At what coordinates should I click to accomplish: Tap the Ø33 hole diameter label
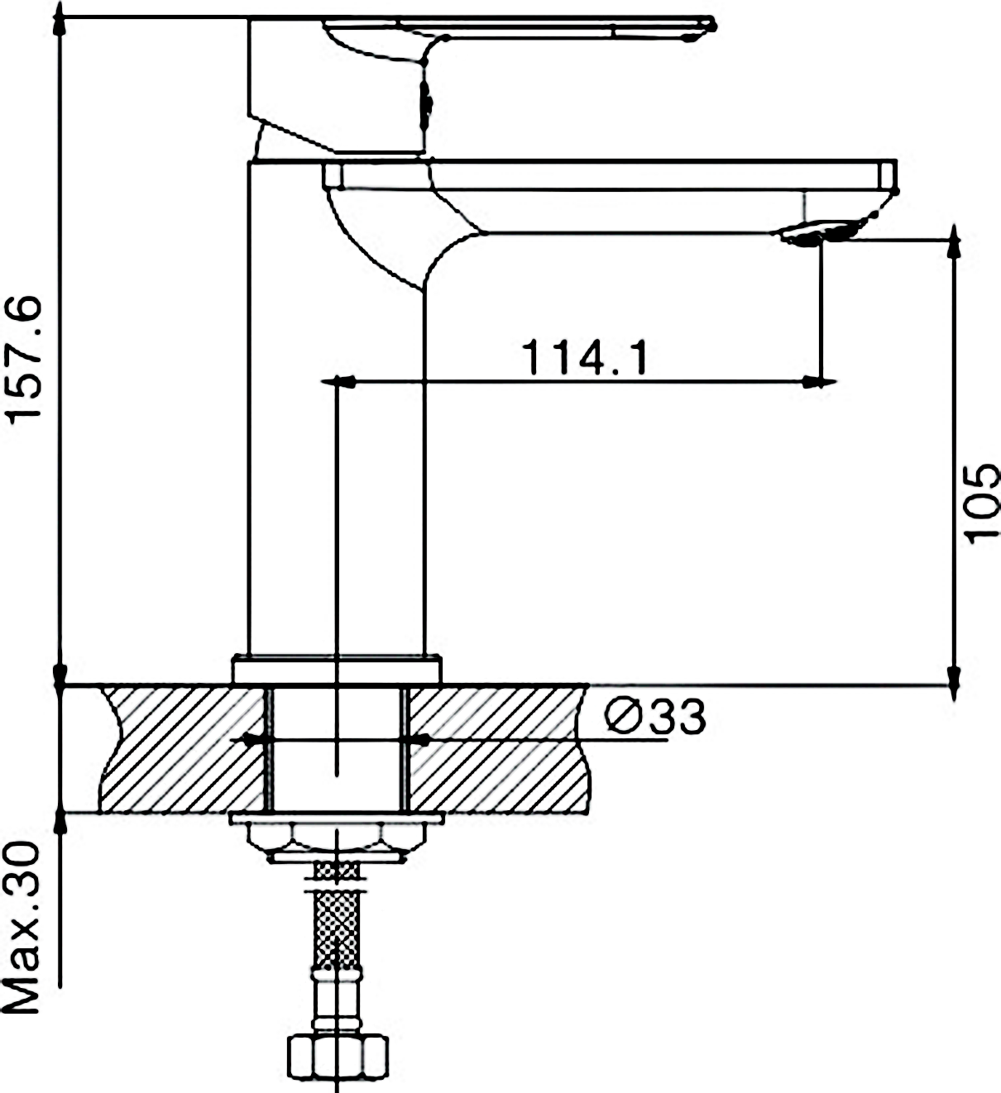(x=655, y=717)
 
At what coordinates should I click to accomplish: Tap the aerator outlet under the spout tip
(x=815, y=233)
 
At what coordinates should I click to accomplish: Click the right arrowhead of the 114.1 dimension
(x=820, y=383)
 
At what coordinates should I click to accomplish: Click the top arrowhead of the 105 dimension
(x=954, y=240)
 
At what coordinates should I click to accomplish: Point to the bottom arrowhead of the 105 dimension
(x=954, y=682)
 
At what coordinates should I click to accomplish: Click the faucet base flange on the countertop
(x=336, y=670)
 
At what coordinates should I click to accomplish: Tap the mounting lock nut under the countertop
(x=336, y=838)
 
